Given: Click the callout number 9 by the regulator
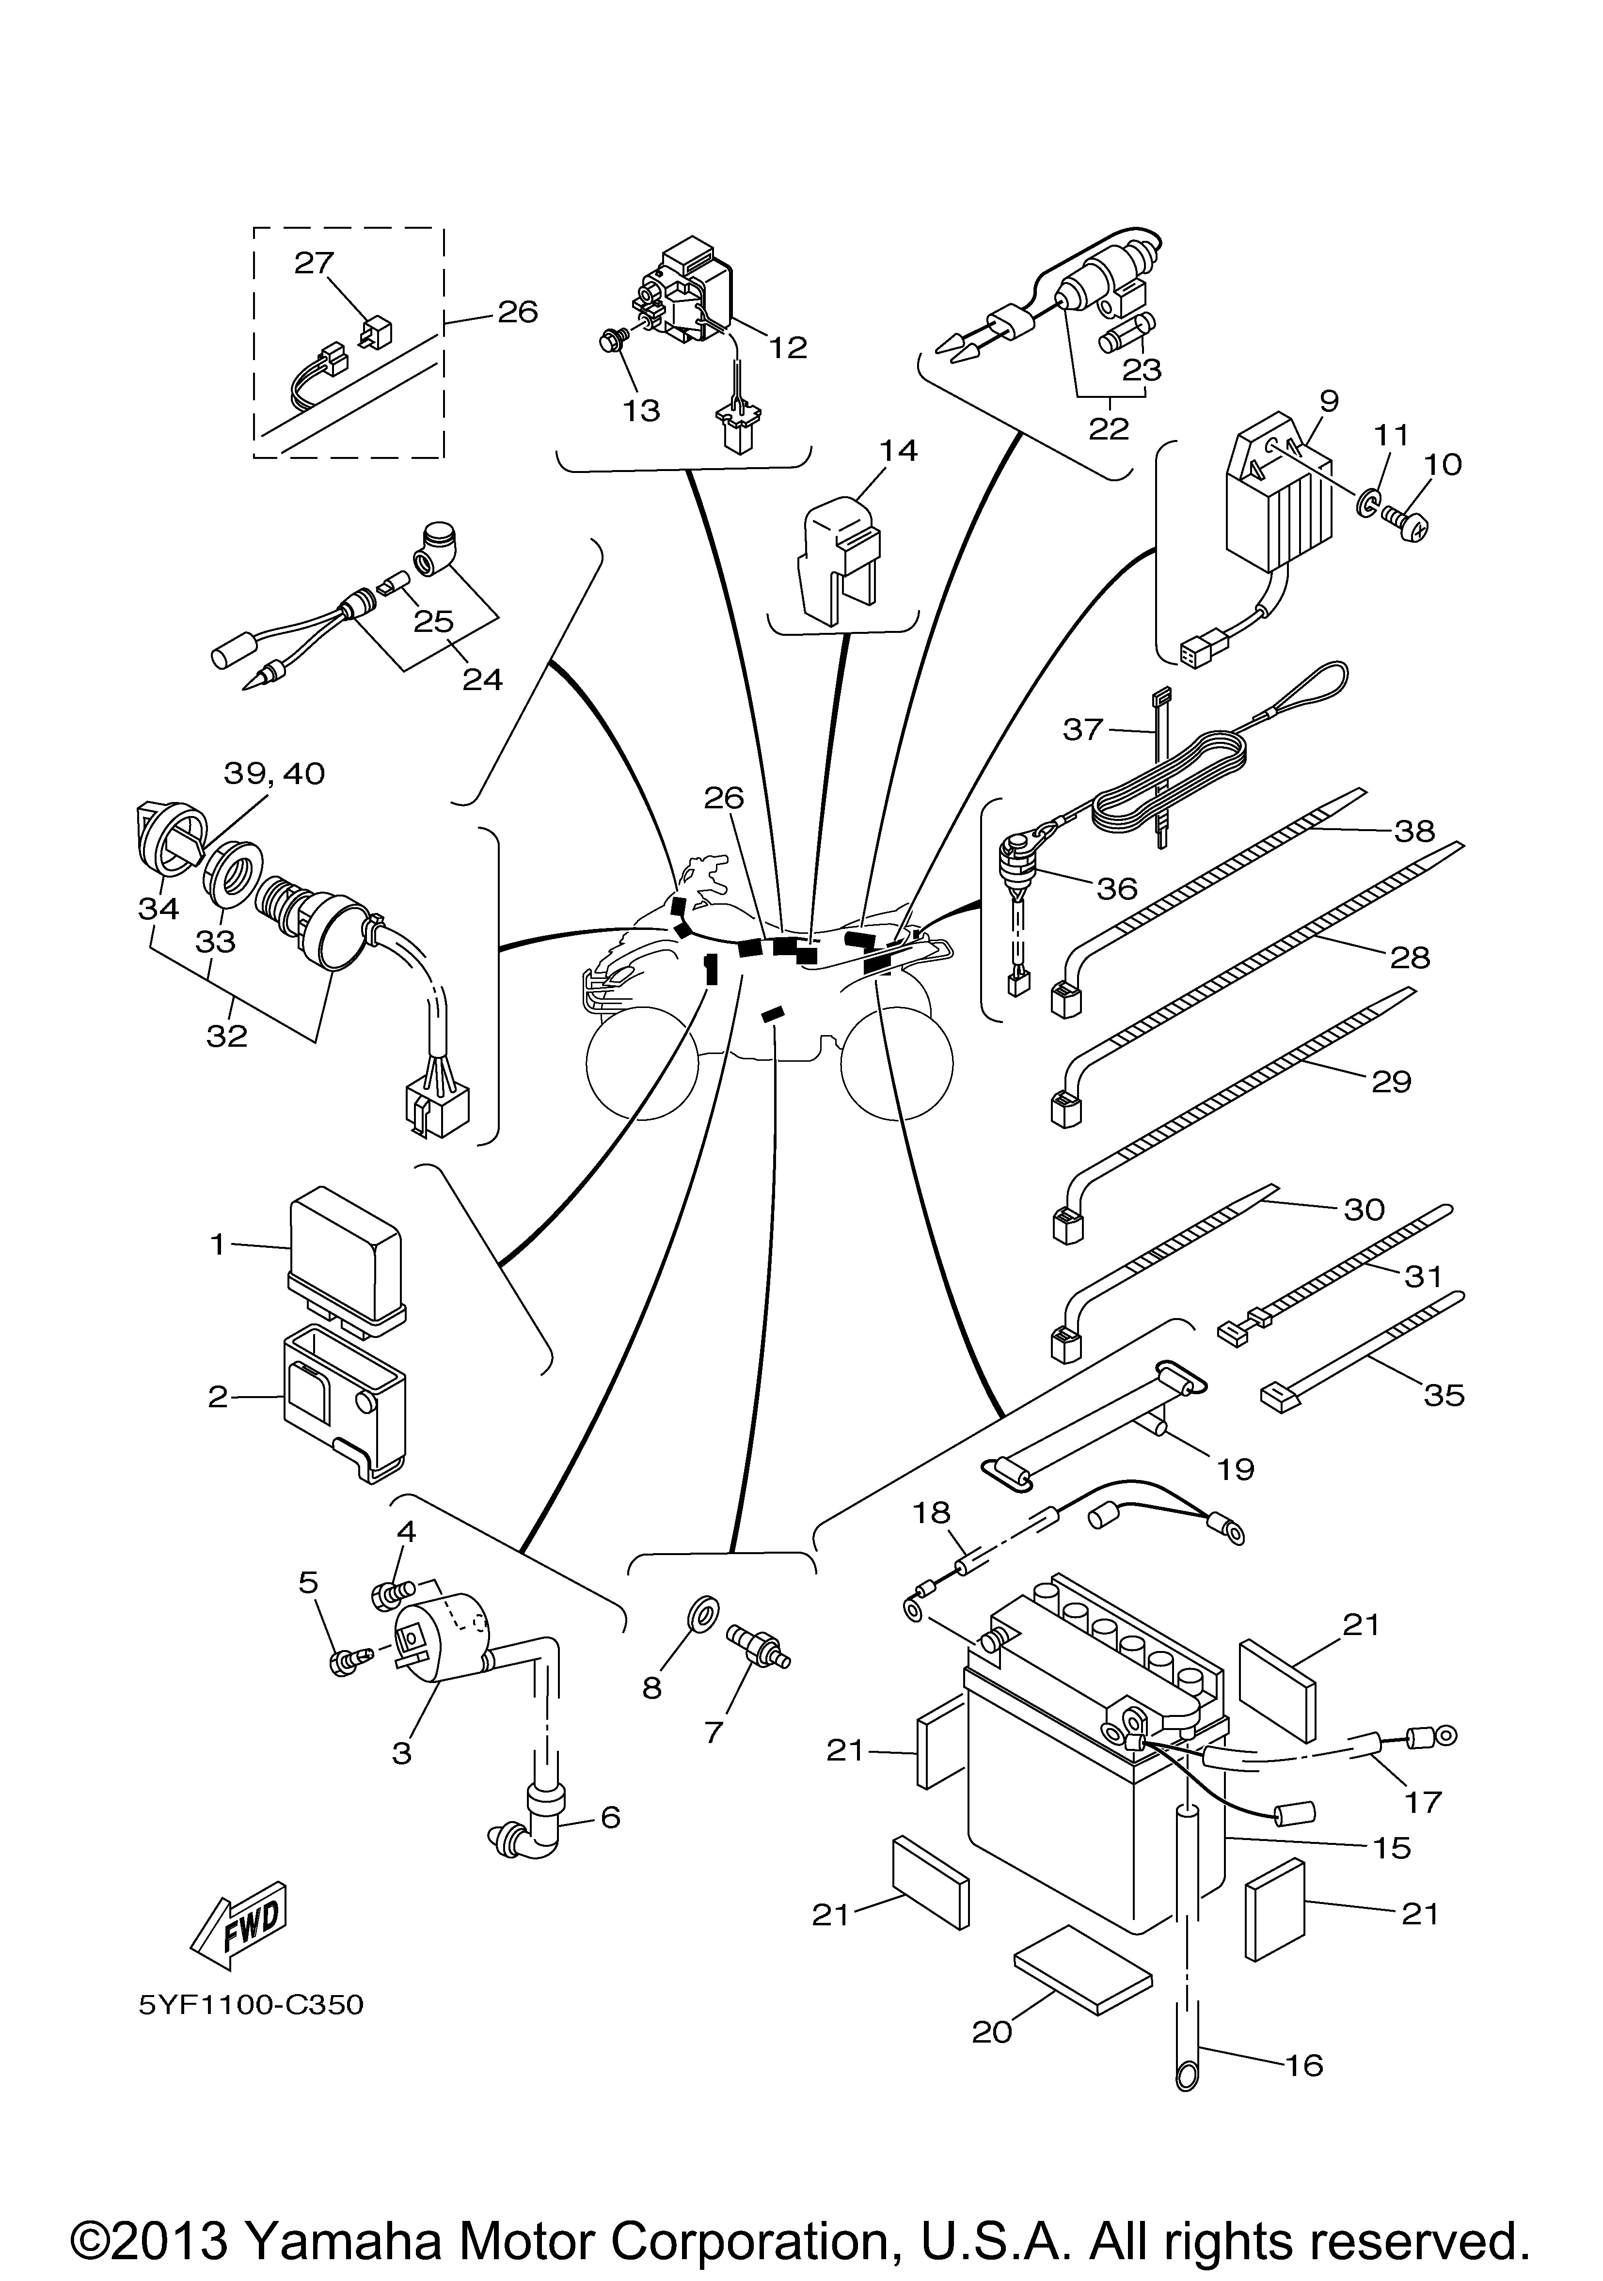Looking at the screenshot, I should point(1329,401).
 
